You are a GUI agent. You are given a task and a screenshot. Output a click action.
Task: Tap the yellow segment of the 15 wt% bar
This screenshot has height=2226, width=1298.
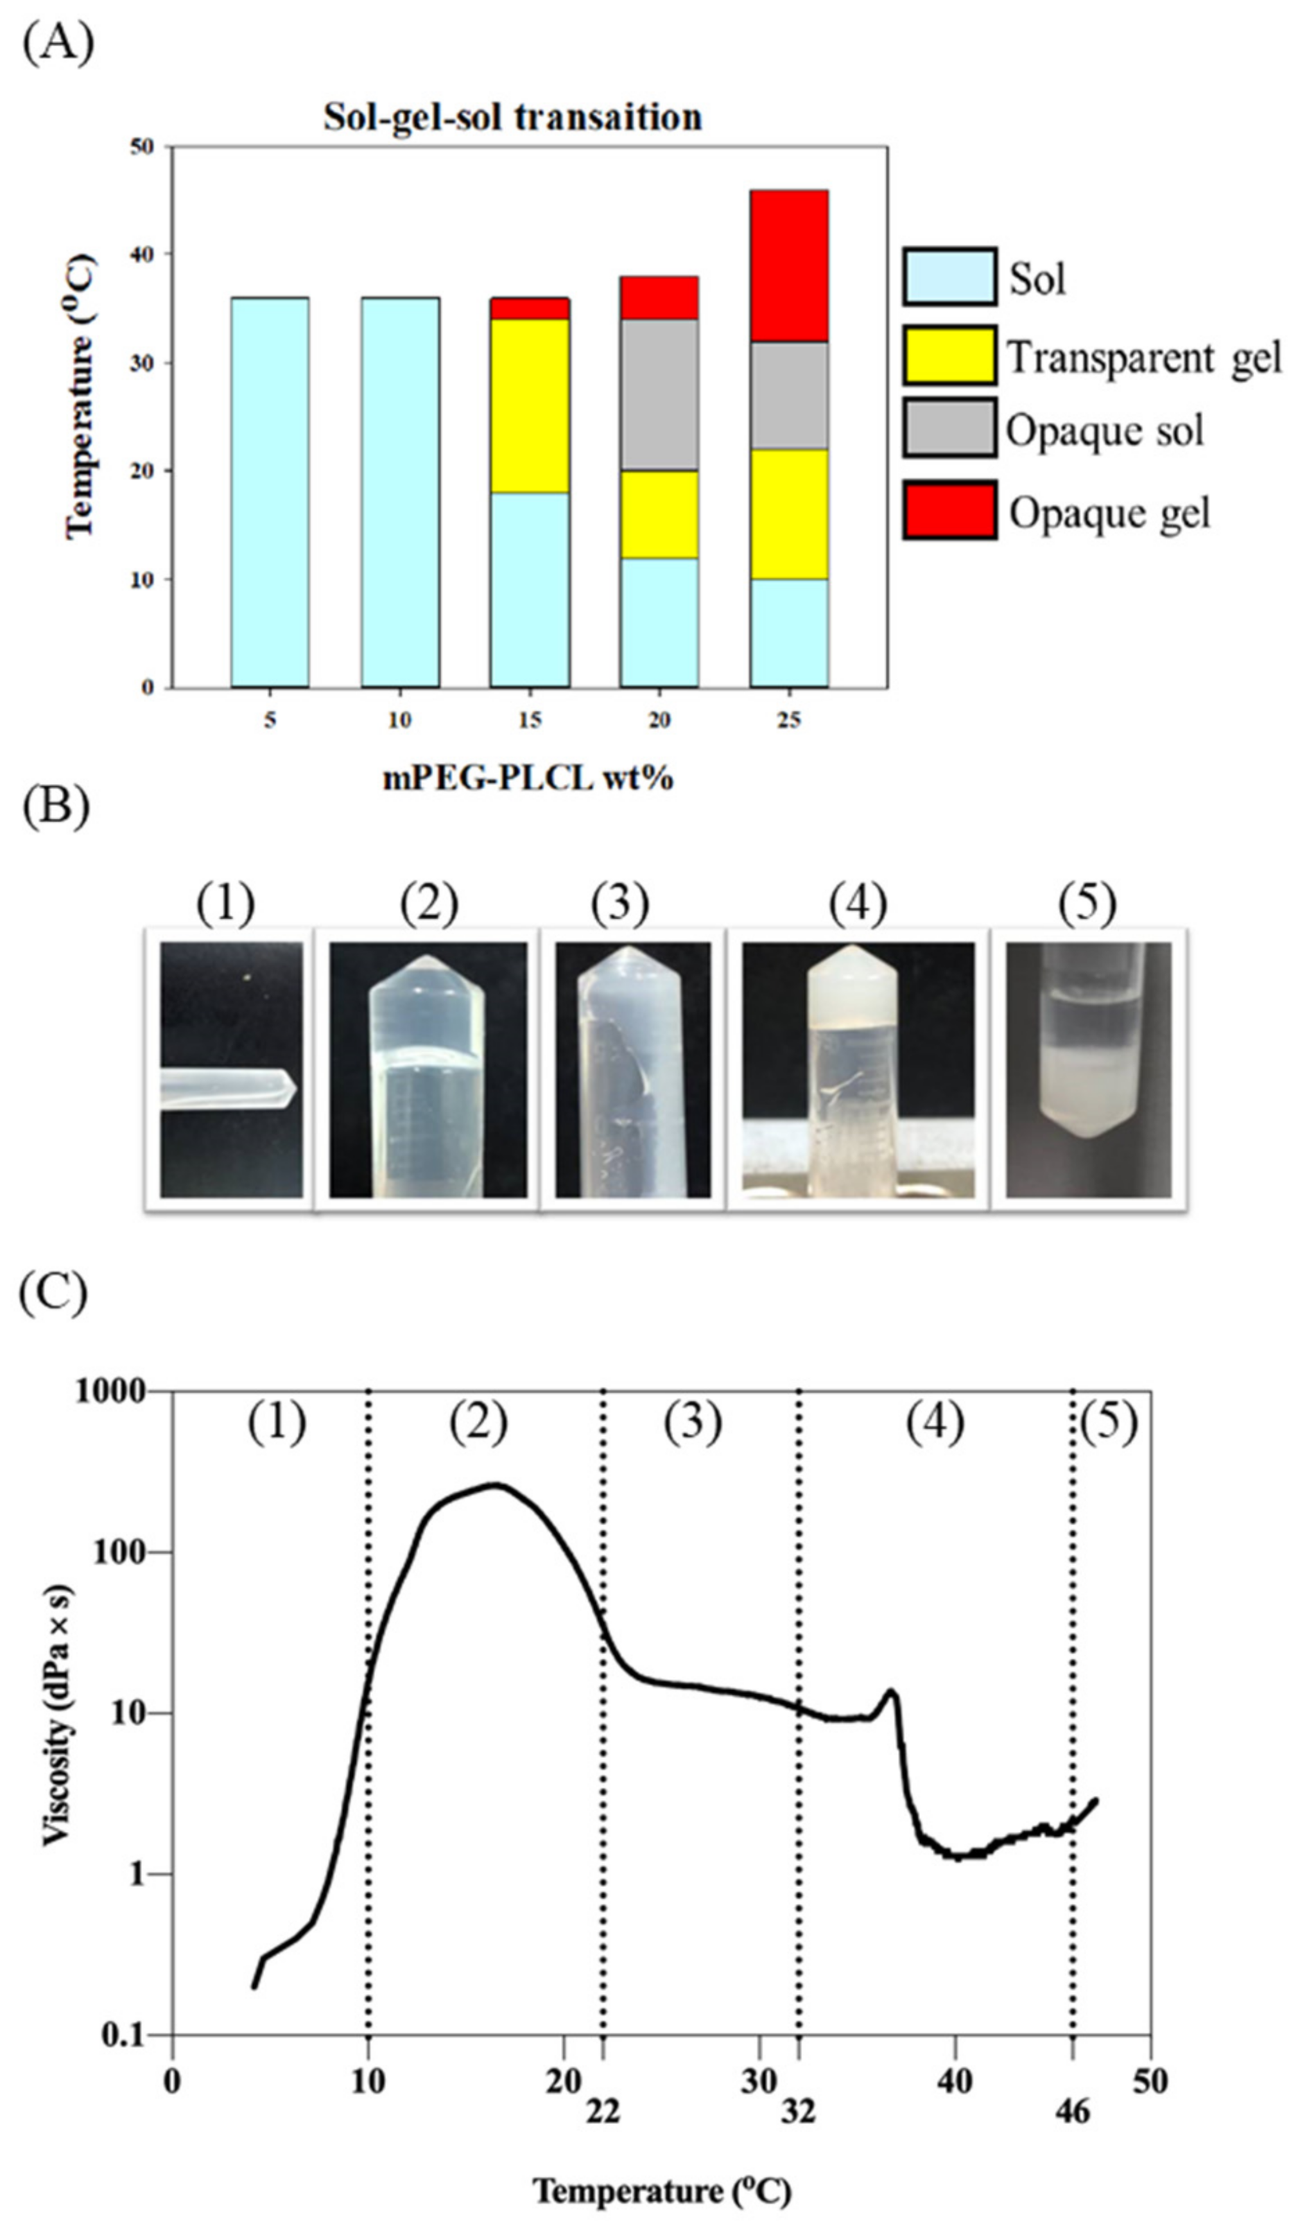point(528,405)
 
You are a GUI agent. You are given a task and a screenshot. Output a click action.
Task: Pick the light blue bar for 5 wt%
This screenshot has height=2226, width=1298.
point(270,492)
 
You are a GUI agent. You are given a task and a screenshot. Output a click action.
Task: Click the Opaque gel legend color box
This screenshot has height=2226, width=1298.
point(949,509)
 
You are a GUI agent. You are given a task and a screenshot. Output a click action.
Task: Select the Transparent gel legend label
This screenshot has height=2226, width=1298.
point(1143,358)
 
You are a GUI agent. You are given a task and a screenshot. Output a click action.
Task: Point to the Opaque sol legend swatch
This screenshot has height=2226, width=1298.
point(949,428)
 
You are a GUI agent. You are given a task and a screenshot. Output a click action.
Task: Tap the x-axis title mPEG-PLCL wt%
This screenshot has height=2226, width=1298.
point(528,778)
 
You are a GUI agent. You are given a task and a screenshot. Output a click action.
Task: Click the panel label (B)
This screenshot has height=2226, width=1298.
point(55,808)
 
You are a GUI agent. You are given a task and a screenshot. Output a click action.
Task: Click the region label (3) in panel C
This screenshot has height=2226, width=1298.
point(693,1422)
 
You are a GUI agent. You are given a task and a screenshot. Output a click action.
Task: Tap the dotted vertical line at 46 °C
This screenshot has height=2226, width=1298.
point(1072,1722)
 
